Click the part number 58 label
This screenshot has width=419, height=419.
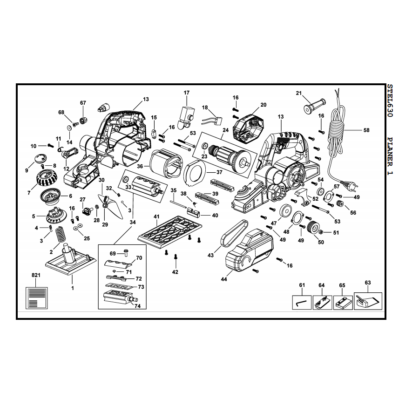point(366,130)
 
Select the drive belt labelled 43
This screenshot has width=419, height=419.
point(234,233)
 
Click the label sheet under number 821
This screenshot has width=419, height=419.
point(37,298)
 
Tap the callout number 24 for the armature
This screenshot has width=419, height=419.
point(226,130)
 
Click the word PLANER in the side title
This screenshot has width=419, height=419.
point(390,151)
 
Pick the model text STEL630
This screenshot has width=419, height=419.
point(390,101)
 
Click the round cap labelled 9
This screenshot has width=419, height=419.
point(41,158)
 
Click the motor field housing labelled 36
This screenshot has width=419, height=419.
point(166,163)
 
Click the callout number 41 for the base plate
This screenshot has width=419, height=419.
point(156,216)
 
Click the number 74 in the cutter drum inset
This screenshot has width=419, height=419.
point(137,306)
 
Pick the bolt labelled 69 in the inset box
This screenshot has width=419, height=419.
point(126,252)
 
